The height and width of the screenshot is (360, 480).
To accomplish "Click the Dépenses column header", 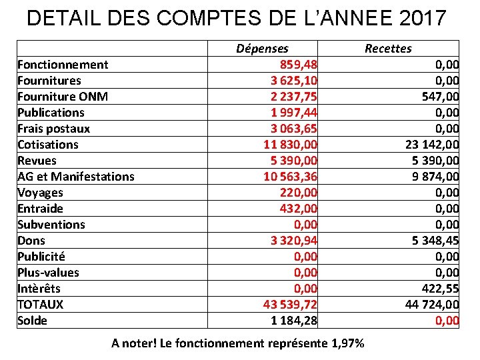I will tap(263, 48).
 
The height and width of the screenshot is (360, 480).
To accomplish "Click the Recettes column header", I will tap(388, 48).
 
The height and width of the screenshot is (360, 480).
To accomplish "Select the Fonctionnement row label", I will tap(63, 65).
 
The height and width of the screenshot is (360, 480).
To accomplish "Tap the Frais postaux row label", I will tap(53, 129).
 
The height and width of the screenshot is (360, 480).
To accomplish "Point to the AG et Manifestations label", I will tap(75, 177).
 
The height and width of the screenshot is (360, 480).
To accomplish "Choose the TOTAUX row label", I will tap(40, 305).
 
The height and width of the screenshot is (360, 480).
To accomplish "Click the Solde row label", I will tap(32, 321).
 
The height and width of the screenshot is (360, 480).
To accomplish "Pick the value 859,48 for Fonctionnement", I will tap(298, 65).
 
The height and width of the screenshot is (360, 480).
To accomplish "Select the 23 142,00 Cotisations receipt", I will tap(432, 145).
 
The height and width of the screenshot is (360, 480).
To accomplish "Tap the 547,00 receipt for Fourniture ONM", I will tap(440, 97).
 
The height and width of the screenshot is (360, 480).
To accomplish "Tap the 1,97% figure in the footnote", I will tap(347, 343).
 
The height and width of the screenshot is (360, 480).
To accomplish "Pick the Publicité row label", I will tap(41, 257).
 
